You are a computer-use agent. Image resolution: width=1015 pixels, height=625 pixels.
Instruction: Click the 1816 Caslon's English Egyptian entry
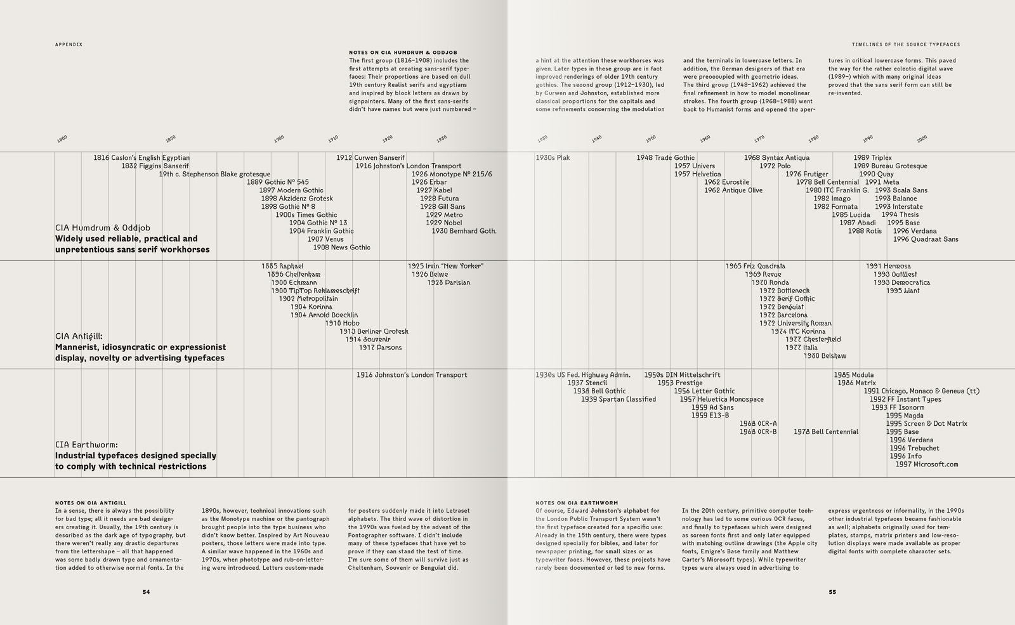pos(141,158)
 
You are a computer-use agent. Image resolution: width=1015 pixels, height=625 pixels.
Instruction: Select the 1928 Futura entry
pos(439,199)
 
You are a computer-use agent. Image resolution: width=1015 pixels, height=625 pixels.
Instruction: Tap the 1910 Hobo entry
pos(342,323)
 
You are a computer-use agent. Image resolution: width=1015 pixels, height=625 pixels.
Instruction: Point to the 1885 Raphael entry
pos(282,266)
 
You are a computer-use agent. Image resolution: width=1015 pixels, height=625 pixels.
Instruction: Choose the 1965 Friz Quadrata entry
pos(755,266)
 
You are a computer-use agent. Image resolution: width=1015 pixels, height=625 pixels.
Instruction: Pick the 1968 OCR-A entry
pos(757,424)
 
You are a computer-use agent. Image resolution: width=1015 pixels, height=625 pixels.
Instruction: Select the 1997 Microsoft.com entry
pos(926,464)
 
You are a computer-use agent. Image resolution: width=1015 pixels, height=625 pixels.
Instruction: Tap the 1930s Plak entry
pos(553,158)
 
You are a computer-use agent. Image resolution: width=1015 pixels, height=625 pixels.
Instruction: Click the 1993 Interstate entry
pos(898,207)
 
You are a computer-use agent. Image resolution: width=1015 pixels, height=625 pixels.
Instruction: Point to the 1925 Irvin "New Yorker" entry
pos(445,266)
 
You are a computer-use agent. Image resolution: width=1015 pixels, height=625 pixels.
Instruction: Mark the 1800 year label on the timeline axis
pos(62,138)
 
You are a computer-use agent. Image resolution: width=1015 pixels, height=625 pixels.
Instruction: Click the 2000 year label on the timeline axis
pos(922,138)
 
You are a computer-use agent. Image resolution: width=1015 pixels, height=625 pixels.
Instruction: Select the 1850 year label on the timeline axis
pos(170,138)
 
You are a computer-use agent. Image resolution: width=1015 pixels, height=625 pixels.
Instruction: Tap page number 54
pos(146,592)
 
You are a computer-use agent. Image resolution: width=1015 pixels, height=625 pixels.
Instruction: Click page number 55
pos(832,592)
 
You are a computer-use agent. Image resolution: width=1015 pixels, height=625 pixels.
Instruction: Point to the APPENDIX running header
pos(69,44)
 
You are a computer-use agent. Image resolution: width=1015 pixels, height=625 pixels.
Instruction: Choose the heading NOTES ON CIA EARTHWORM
pos(576,503)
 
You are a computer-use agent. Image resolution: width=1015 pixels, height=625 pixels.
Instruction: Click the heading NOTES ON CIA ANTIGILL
pos(91,503)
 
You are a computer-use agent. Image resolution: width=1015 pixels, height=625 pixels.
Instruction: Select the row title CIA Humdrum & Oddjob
pos(103,228)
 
